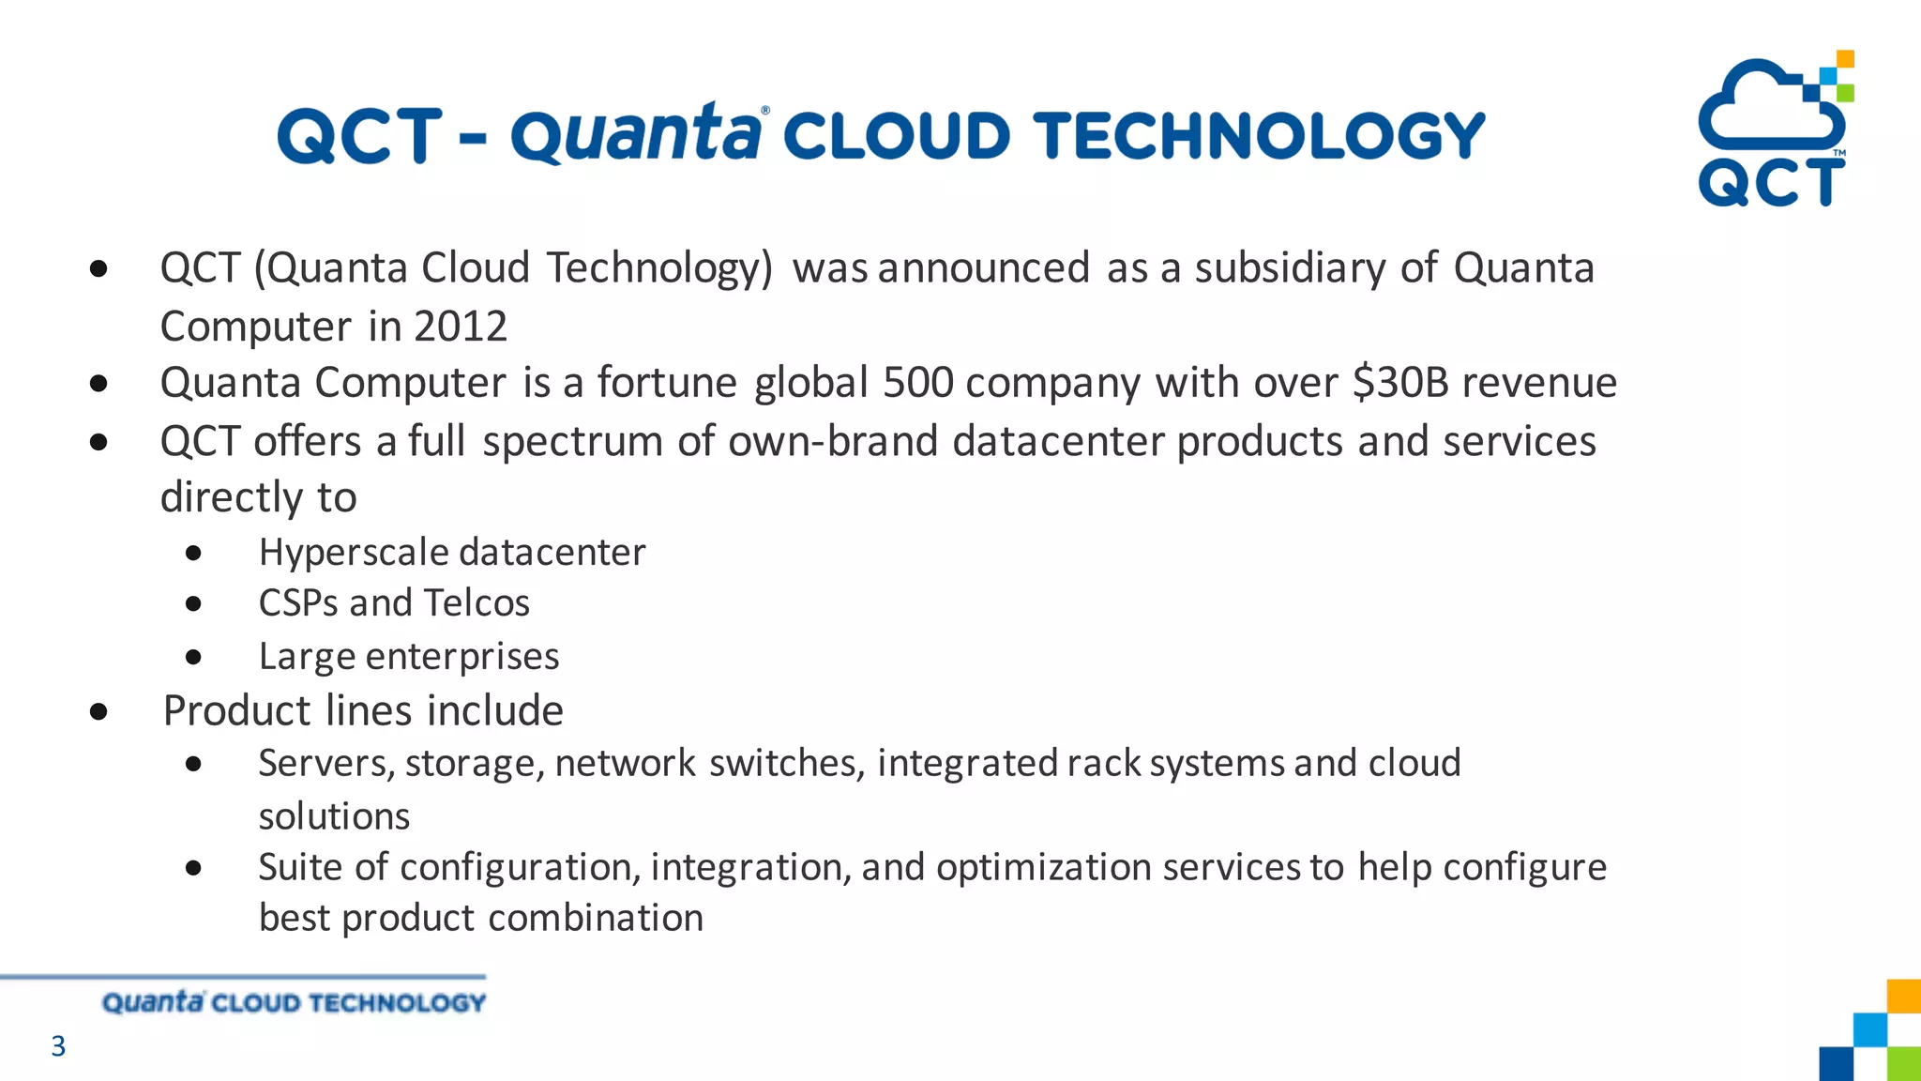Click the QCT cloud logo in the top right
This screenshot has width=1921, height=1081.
tap(1771, 129)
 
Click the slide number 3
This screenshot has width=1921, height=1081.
tap(58, 1045)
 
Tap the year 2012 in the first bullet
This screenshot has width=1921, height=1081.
tap(460, 327)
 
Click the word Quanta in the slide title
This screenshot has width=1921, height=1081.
tap(635, 135)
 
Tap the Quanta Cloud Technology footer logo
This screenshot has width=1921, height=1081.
tap(294, 1002)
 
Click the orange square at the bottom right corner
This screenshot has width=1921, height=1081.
tap(1903, 997)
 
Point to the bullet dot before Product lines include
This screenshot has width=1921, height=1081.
tap(98, 712)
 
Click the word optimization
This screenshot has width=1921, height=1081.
tap(1043, 868)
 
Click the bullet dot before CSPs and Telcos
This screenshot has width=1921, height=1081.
tap(193, 604)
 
